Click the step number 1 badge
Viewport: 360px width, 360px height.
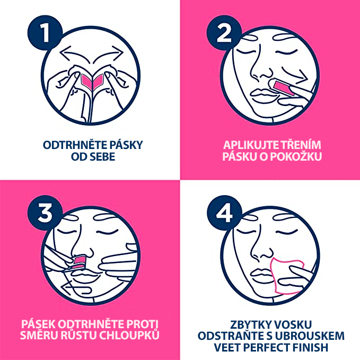tap(45, 32)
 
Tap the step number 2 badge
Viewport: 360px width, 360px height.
tap(224, 32)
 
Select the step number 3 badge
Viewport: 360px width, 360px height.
tap(45, 213)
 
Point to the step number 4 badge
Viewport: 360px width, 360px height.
tap(224, 213)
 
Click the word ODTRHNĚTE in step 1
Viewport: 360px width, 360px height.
tap(75, 145)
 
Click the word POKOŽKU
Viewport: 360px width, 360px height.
tap(296, 156)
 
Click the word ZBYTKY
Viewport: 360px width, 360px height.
tap(248, 324)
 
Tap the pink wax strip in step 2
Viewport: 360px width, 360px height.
tap(283, 87)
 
